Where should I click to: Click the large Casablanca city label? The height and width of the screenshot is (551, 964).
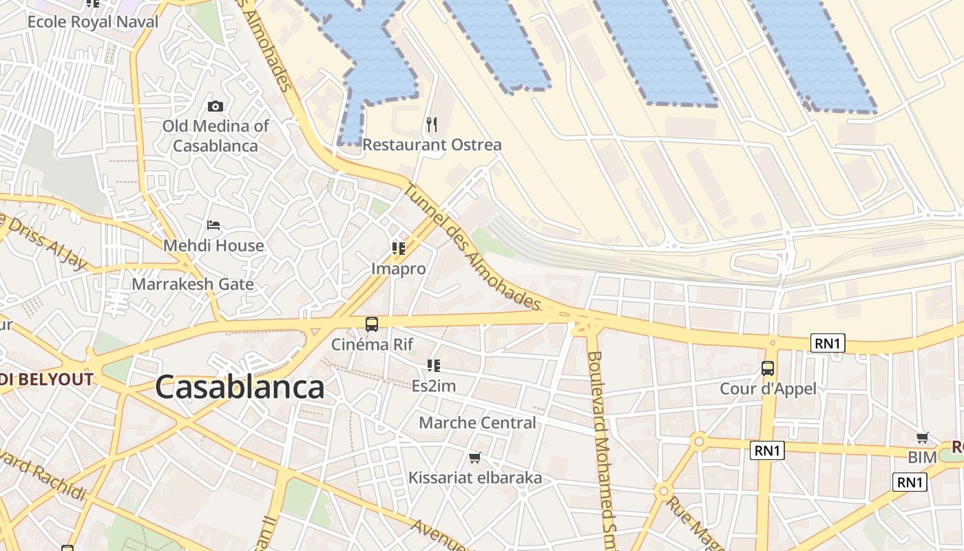[x=240, y=387]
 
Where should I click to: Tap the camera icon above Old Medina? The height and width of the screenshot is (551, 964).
[x=216, y=106]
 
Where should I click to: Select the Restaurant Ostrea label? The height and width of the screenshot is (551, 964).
[x=432, y=145]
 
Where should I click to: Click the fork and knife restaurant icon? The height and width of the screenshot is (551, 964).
[x=432, y=124]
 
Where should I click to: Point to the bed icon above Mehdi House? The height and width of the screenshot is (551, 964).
[x=213, y=225]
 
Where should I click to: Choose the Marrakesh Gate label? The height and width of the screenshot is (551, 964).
[x=193, y=284]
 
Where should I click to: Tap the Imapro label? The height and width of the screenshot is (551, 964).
[x=399, y=269]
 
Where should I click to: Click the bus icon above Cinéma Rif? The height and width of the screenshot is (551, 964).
[x=372, y=324]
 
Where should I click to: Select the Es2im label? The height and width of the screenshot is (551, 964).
[x=434, y=386]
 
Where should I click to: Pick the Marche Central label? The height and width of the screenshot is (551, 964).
[x=477, y=422]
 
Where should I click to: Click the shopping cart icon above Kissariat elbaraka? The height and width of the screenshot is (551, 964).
[x=474, y=457]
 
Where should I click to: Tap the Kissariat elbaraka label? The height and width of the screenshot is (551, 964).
[x=475, y=477]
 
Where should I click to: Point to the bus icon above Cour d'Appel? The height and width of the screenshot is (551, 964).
[x=768, y=368]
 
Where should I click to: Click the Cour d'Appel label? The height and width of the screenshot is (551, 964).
[x=768, y=388]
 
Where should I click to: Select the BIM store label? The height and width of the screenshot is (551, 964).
[x=922, y=457]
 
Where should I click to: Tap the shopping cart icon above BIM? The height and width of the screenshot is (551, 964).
[x=923, y=438]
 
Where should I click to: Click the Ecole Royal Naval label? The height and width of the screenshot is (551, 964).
[x=93, y=21]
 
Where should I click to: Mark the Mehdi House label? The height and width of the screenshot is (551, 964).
[x=213, y=245]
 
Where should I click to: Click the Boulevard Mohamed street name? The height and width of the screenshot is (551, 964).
[x=601, y=448]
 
